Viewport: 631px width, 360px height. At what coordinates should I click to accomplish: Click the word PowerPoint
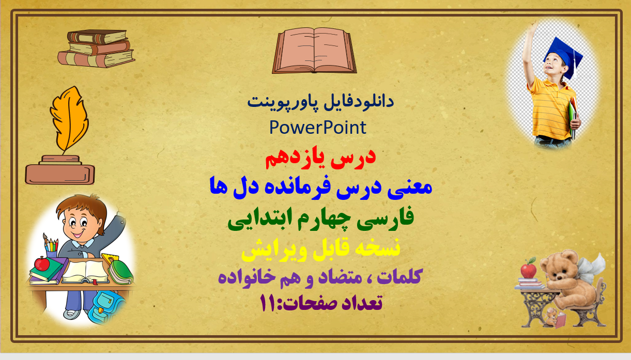[x=318, y=127]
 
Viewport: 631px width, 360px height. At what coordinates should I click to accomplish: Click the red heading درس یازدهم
[x=320, y=159]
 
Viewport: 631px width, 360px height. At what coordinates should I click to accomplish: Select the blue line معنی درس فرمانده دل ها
[x=320, y=187]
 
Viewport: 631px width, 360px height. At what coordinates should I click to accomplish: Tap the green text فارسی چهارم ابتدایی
[x=320, y=219]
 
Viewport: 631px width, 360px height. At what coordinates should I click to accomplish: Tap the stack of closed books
[x=96, y=49]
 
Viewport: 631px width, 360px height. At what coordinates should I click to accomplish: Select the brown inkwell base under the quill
[x=60, y=173]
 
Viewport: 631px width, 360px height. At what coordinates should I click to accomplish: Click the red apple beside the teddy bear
[x=528, y=270]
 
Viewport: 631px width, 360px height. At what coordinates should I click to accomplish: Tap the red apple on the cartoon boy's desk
[x=41, y=264]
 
